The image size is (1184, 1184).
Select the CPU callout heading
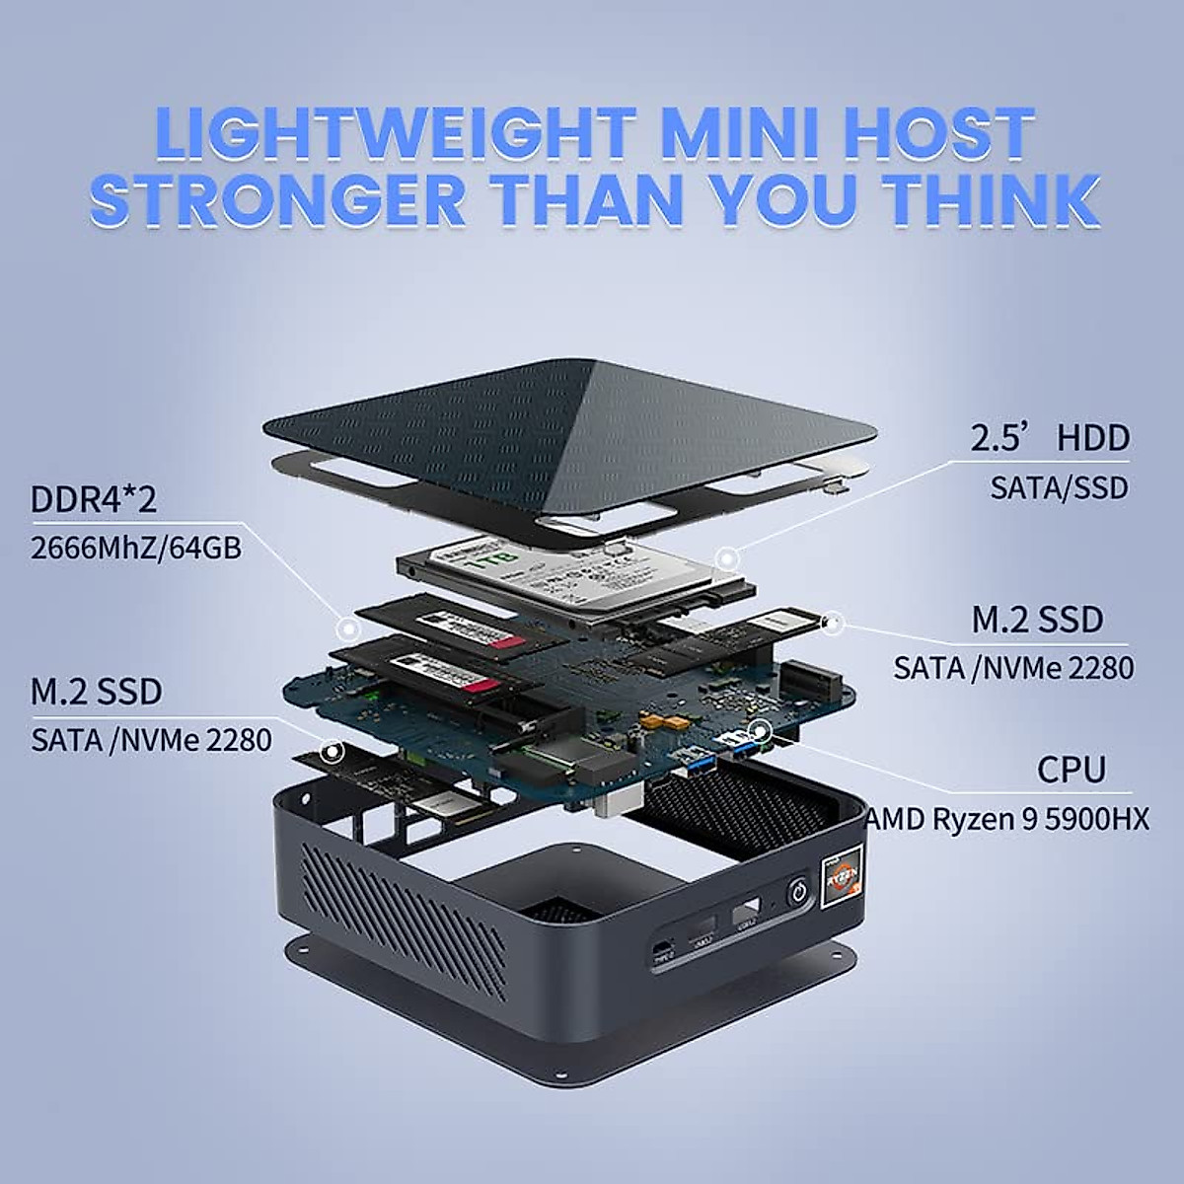tap(1071, 770)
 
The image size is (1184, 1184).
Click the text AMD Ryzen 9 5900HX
tap(1007, 819)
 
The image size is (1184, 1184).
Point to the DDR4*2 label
tap(93, 499)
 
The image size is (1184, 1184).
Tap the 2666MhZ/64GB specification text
tap(136, 548)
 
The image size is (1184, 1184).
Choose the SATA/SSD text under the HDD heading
tap(1059, 487)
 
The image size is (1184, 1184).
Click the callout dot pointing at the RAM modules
tap(346, 628)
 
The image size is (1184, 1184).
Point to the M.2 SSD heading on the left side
tap(96, 692)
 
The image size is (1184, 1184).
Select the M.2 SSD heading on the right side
tap(1037, 620)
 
